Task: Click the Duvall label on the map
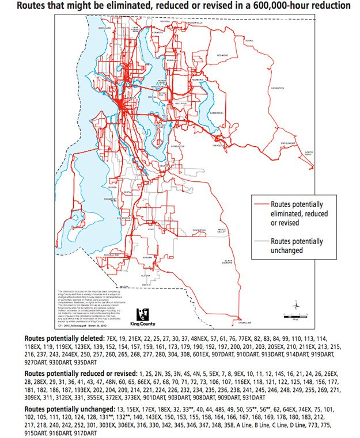[x=249, y=41]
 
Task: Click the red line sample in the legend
[x=262, y=204]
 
